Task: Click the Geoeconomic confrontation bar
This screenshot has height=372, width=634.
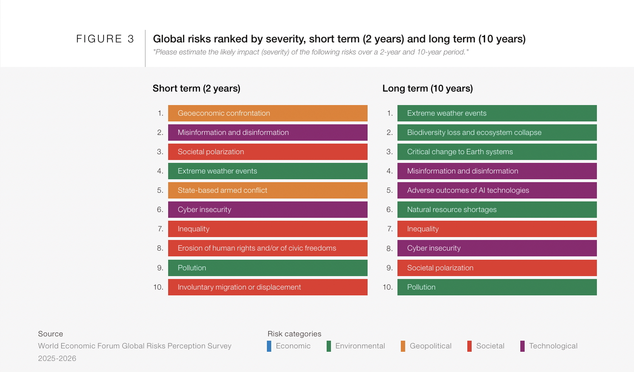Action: pyautogui.click(x=268, y=113)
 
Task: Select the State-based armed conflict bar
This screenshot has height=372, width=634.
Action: pyautogui.click(x=268, y=190)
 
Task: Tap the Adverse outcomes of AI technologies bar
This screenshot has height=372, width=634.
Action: pyautogui.click(x=497, y=190)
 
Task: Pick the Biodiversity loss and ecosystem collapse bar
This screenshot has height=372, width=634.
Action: pyautogui.click(x=497, y=133)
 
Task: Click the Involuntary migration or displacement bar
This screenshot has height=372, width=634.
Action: pyautogui.click(x=268, y=287)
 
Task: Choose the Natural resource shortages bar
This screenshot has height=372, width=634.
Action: pyautogui.click(x=497, y=210)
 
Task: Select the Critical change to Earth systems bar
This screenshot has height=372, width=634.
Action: pyautogui.click(x=497, y=152)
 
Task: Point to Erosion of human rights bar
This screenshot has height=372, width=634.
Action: pyautogui.click(x=268, y=248)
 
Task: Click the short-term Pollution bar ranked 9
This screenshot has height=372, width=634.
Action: pyautogui.click(x=268, y=268)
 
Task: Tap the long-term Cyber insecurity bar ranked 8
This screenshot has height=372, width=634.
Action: pyautogui.click(x=497, y=248)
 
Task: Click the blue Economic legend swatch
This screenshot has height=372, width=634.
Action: pyautogui.click(x=269, y=346)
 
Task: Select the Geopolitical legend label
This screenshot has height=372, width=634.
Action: pyautogui.click(x=431, y=346)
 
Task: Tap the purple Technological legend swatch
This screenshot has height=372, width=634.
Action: pyautogui.click(x=523, y=346)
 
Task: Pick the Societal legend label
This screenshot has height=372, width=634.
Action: pyautogui.click(x=490, y=346)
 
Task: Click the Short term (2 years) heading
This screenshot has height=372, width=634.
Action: pyautogui.click(x=197, y=88)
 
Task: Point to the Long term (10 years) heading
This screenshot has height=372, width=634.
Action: pyautogui.click(x=428, y=88)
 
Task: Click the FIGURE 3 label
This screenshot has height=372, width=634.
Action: pyautogui.click(x=105, y=39)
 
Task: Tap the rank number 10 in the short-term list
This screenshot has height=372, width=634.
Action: pyautogui.click(x=158, y=287)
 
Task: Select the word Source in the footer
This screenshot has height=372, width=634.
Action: pyautogui.click(x=51, y=334)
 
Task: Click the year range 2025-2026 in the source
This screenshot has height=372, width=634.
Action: pyautogui.click(x=57, y=359)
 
